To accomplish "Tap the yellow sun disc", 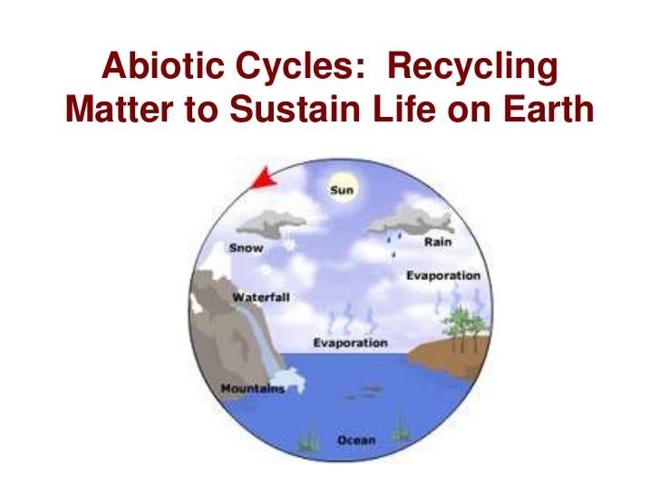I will (x=342, y=191).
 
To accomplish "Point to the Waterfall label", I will (x=260, y=297).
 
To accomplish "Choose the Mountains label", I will (x=252, y=389).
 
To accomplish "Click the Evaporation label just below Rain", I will (x=442, y=276).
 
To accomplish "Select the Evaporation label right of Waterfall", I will (x=350, y=344).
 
